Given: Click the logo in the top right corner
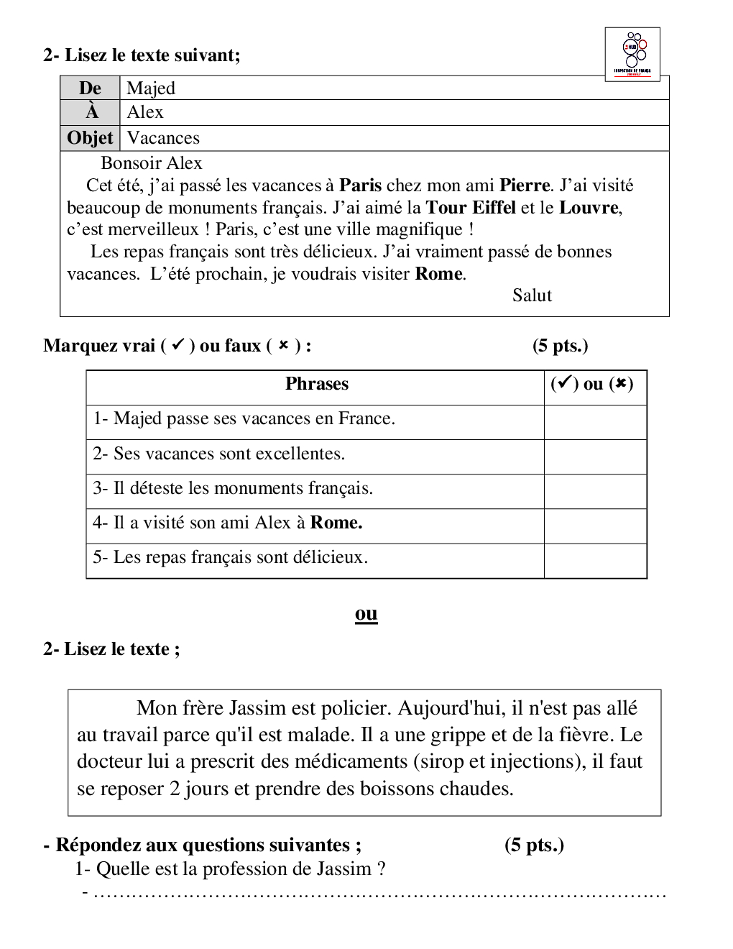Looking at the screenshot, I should (x=632, y=54).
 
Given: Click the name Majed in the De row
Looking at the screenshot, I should (x=151, y=88).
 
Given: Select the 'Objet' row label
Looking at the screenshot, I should (x=90, y=138).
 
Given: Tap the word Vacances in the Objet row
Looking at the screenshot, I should (x=163, y=138).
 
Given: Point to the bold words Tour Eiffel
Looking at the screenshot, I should (x=471, y=208).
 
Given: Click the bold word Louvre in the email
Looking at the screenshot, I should (x=589, y=208).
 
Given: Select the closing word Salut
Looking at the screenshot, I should (x=532, y=295).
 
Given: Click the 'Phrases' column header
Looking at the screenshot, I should (x=316, y=384).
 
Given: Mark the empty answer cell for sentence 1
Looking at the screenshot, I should (x=595, y=422).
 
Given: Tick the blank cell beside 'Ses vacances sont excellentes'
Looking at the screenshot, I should (x=595, y=457).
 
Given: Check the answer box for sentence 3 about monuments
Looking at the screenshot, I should (x=595, y=491).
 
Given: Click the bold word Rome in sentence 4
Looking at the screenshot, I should (x=336, y=523).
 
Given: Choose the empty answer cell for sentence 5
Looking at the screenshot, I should (x=595, y=560).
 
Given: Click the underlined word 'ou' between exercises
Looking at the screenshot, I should (x=366, y=614).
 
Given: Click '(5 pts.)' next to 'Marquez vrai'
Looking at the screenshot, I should (x=560, y=346).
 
